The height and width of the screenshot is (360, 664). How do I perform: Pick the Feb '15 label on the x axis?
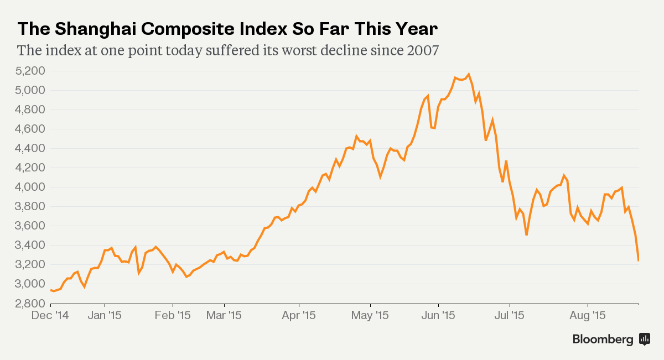pyautogui.click(x=173, y=316)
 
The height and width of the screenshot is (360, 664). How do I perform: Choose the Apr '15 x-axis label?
pyautogui.click(x=299, y=316)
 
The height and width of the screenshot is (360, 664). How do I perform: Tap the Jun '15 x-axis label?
pyautogui.click(x=438, y=316)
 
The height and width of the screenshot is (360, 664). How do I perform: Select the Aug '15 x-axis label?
pyautogui.click(x=587, y=316)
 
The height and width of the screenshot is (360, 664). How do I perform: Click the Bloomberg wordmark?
pyautogui.click(x=603, y=340)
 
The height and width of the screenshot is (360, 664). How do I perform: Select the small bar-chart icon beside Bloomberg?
pyautogui.click(x=645, y=339)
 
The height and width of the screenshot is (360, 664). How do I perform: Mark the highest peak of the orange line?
pyautogui.click(x=469, y=74)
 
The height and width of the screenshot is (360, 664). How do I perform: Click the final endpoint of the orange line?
pyautogui.click(x=639, y=260)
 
